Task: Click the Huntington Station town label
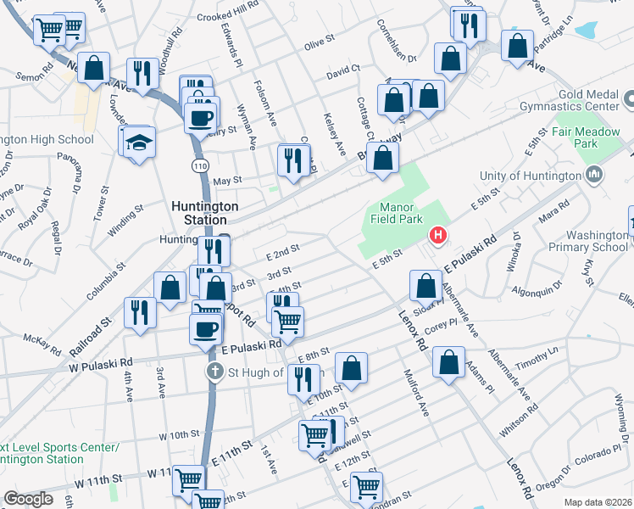coord(205,213)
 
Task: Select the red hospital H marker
coord(438,235)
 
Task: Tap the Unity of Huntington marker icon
coord(594,175)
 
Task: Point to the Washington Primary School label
coord(585,241)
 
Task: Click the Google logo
coord(28,499)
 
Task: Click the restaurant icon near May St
coord(292,159)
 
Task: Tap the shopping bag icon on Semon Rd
coord(94,68)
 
